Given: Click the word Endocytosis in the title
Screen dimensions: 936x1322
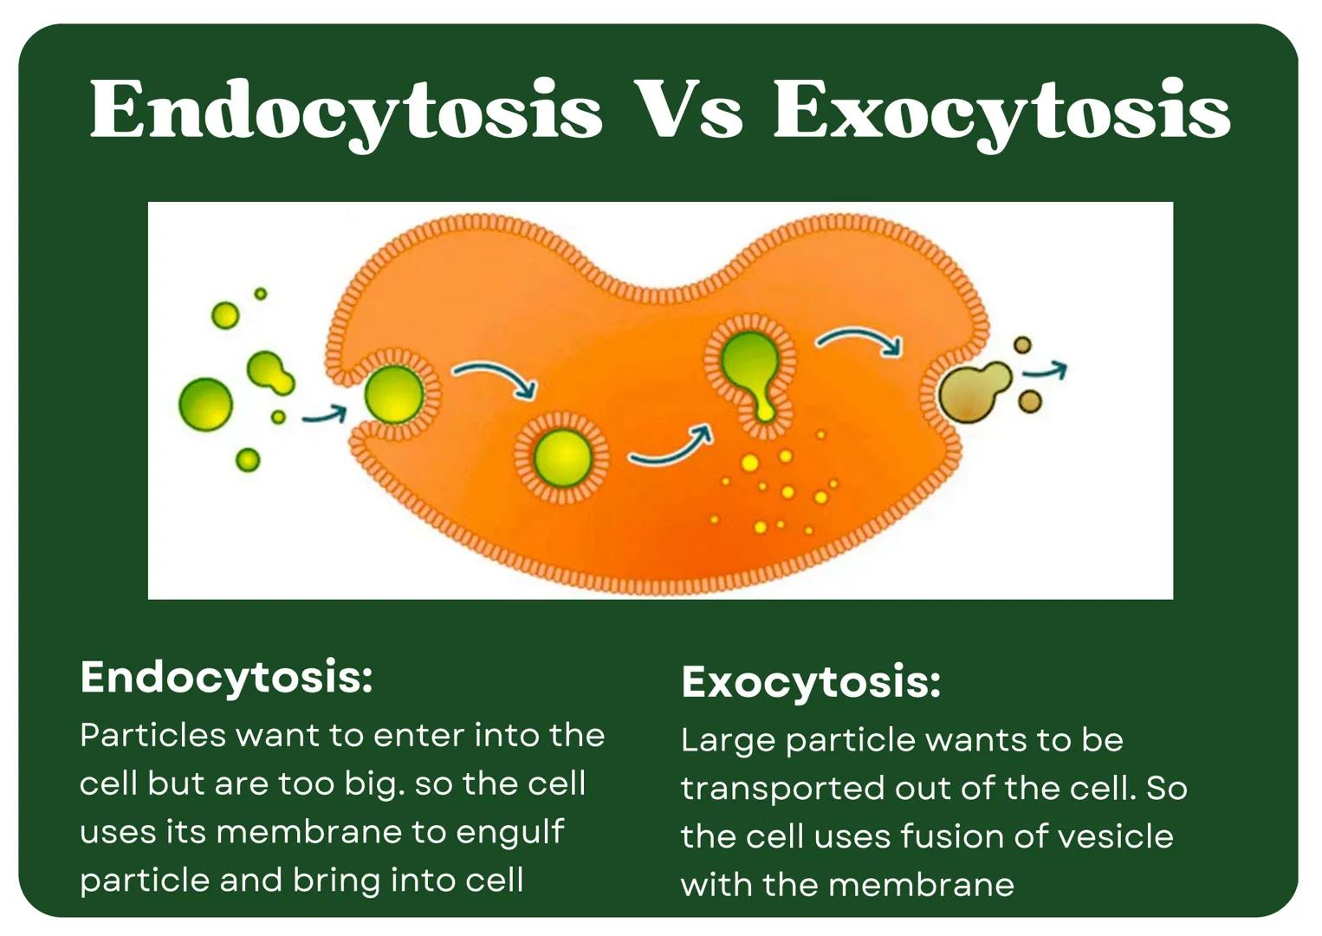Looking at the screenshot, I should pyautogui.click(x=346, y=111).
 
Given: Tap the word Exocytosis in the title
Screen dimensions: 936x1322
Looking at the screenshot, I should pyautogui.click(x=1001, y=111).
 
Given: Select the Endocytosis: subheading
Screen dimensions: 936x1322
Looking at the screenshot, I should pyautogui.click(x=226, y=677).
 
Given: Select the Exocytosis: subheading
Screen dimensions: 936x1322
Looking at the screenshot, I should pyautogui.click(x=811, y=682).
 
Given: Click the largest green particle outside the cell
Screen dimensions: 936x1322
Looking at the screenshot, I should pyautogui.click(x=205, y=405).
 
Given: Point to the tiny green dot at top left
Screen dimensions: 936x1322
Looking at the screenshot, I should pyautogui.click(x=260, y=294).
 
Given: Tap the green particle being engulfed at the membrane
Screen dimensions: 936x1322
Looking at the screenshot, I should pyautogui.click(x=394, y=394).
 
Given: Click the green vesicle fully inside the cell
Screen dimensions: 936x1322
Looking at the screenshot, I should pyautogui.click(x=562, y=458).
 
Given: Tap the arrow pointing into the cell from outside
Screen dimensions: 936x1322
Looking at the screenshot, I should pyautogui.click(x=325, y=415).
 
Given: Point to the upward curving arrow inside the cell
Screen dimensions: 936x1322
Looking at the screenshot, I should pyautogui.click(x=671, y=447).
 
